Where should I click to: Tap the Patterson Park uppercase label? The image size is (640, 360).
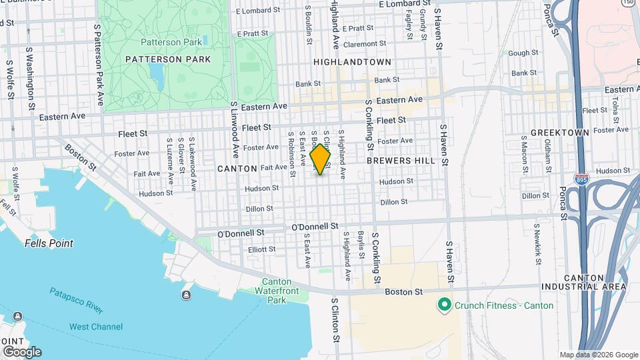click(168, 59)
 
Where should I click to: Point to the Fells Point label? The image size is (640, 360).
click(49, 243)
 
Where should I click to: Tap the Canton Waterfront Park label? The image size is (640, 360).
click(276, 291)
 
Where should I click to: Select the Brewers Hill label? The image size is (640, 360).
click(401, 161)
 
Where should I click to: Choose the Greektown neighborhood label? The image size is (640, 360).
click(560, 133)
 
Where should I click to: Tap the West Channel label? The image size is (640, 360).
click(96, 327)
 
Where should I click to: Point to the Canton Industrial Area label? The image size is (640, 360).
click(595, 282)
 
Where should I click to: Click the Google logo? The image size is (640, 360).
click(21, 351)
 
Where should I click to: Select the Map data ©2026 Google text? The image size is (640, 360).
click(598, 355)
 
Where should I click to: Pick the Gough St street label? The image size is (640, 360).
click(523, 53)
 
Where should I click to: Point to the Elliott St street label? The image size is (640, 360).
click(261, 249)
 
